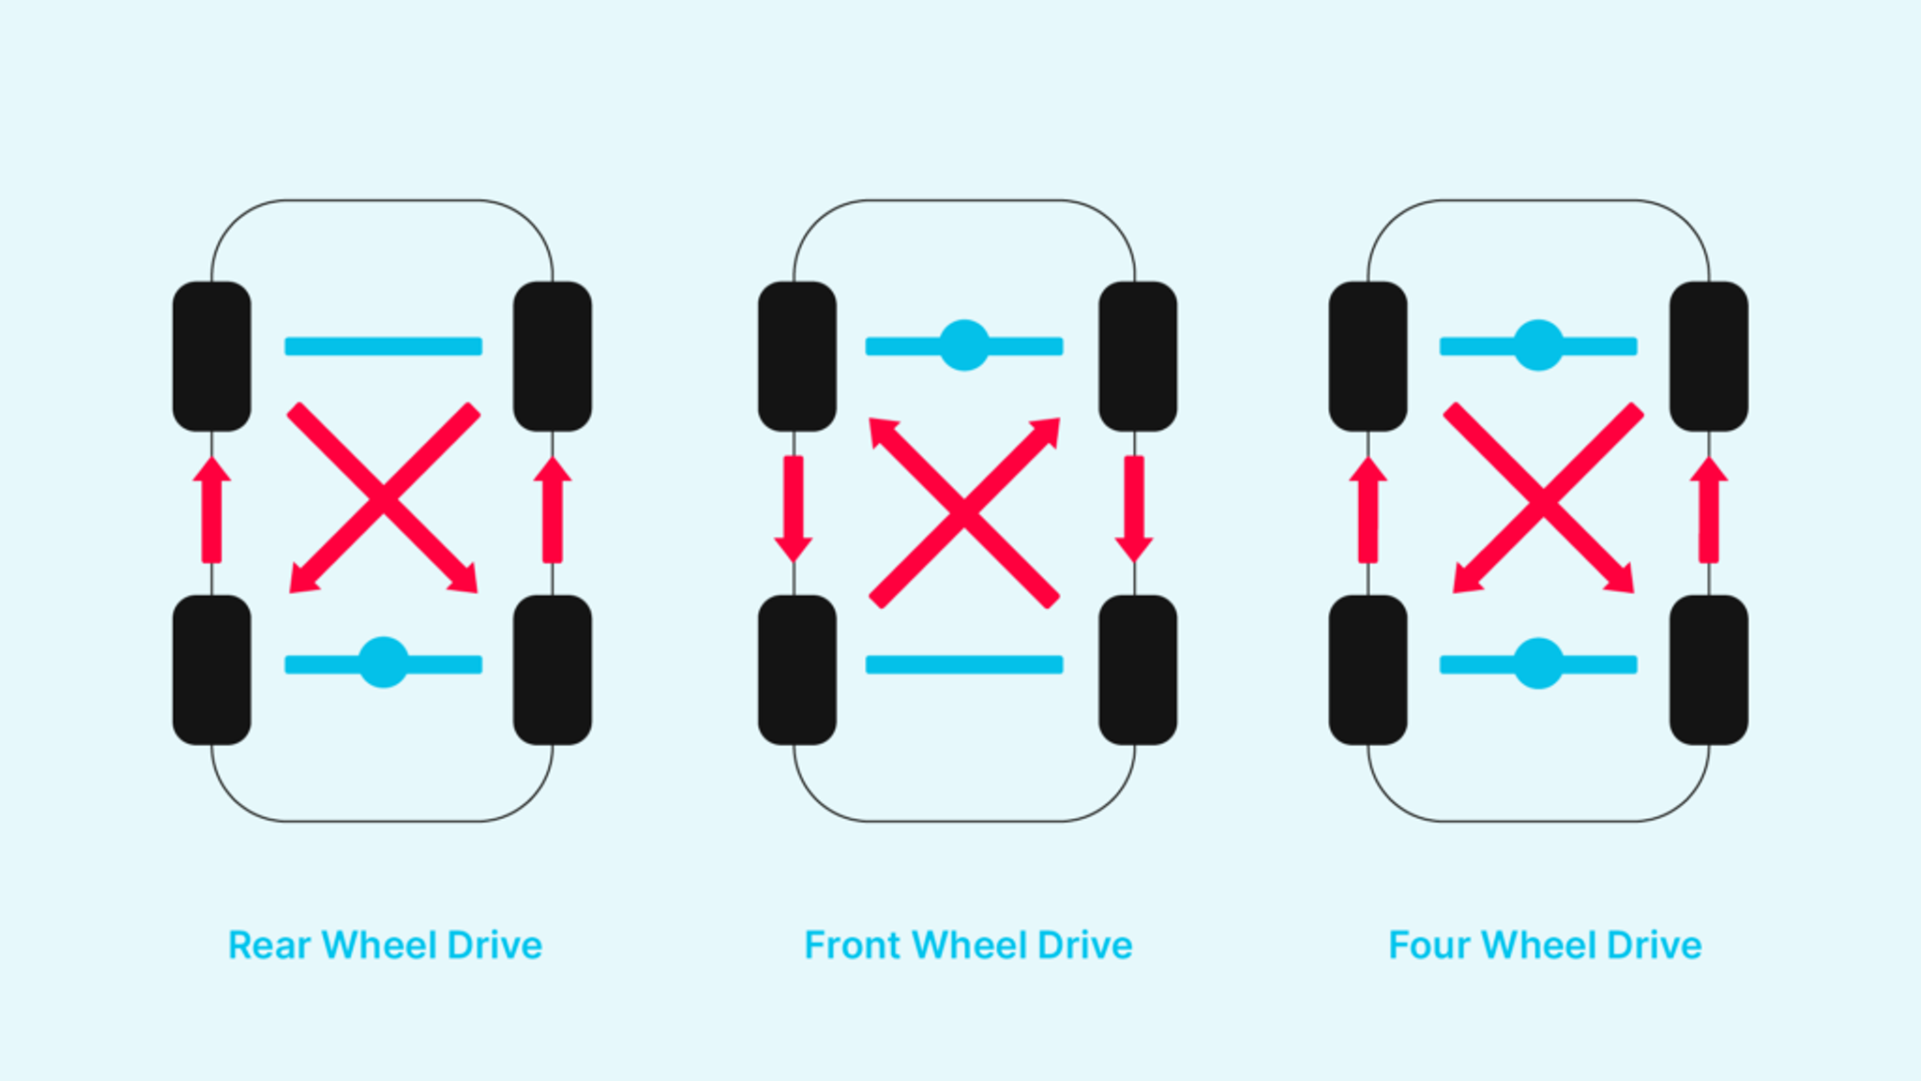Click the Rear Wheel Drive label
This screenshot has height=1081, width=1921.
[386, 945]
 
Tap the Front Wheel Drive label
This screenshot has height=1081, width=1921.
[968, 945]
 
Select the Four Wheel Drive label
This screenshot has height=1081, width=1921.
[1545, 945]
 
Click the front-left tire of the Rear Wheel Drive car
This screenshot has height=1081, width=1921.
[212, 357]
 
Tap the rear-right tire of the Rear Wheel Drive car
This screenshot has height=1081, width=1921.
[552, 670]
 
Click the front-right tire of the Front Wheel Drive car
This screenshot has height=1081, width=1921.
[1138, 357]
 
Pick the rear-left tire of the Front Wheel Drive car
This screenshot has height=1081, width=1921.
[797, 670]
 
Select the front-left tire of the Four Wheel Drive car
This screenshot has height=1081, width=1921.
[1369, 357]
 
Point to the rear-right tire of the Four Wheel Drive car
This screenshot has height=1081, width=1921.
[1709, 670]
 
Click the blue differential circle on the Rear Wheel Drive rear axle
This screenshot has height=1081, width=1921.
[384, 662]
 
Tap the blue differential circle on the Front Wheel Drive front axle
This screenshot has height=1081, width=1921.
[964, 345]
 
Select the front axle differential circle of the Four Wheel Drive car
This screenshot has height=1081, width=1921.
[1538, 345]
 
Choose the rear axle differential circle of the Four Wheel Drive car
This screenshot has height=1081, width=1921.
[1538, 663]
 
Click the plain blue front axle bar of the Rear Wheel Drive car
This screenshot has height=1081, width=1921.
[384, 346]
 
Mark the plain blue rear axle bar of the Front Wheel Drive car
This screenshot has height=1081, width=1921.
[964, 664]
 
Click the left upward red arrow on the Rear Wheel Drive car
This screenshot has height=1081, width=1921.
[212, 510]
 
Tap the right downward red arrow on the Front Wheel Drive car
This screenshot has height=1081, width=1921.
[1134, 510]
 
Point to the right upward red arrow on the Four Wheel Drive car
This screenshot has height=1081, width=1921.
[1709, 510]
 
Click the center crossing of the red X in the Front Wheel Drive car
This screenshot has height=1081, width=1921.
[964, 511]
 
